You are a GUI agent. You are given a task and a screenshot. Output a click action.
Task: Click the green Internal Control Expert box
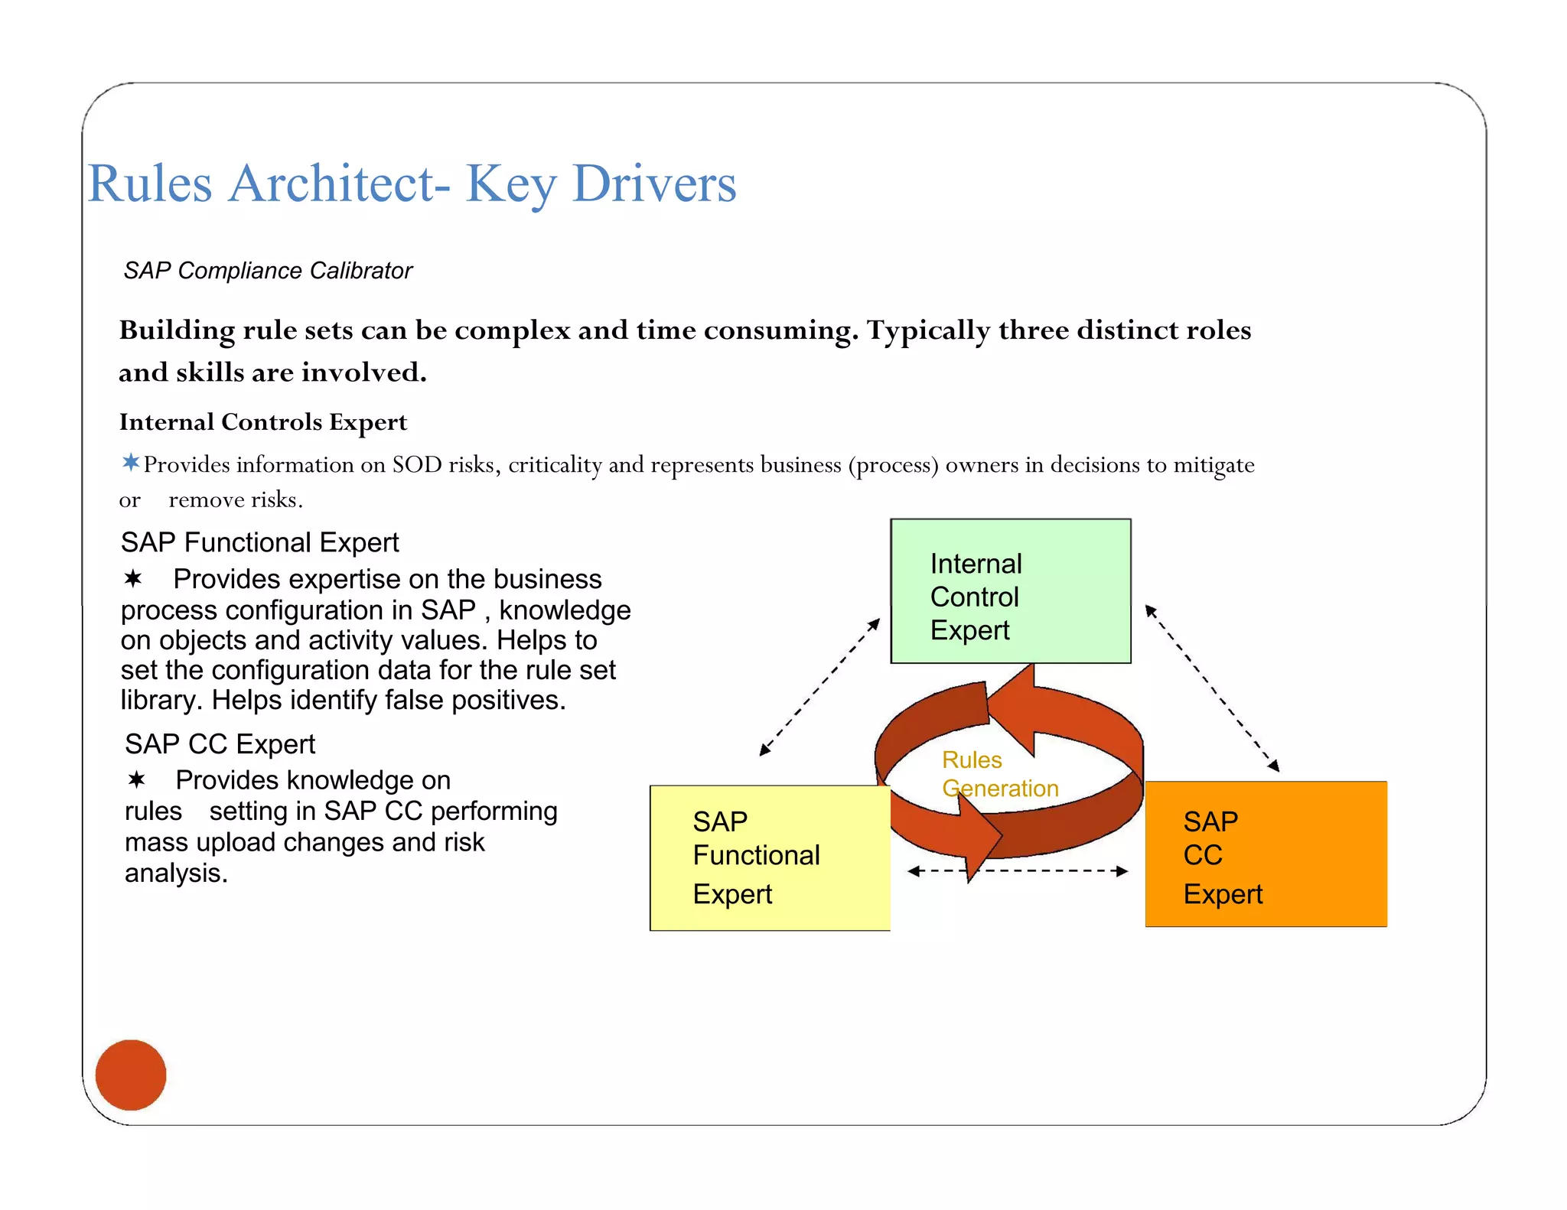(1010, 590)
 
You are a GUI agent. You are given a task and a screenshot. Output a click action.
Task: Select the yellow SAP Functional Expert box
(769, 857)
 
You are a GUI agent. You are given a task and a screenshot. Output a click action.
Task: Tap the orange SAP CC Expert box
(1266, 854)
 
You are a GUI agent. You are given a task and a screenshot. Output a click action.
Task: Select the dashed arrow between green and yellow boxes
(819, 687)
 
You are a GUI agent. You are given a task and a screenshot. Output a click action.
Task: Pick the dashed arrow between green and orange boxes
(1212, 688)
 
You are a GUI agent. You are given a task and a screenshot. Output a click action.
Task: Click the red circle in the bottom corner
(131, 1075)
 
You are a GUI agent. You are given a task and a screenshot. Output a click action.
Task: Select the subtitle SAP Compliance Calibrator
(268, 271)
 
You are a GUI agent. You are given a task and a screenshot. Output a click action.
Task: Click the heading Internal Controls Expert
(263, 422)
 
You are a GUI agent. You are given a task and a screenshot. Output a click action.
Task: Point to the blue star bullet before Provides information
(131, 462)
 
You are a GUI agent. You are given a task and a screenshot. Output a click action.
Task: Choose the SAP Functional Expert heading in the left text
(259, 542)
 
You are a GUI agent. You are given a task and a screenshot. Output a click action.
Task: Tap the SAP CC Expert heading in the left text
(220, 743)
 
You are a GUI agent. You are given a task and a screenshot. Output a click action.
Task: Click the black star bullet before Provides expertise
(133, 579)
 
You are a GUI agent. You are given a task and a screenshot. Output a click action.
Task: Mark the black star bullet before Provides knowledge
(137, 780)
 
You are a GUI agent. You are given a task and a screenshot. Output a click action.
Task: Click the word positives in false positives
(508, 700)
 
